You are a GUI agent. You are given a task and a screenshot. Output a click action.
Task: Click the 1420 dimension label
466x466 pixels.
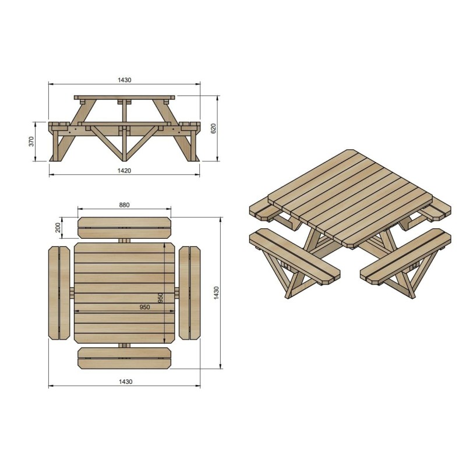tap(124, 170)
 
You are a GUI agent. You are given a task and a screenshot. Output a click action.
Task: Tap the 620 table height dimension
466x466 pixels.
tap(213, 128)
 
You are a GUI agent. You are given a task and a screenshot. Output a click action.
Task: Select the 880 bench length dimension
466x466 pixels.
tap(124, 204)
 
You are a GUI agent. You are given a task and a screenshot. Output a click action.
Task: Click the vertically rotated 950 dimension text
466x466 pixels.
tap(160, 298)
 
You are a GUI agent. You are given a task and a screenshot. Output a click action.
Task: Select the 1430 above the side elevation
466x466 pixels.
tap(124, 80)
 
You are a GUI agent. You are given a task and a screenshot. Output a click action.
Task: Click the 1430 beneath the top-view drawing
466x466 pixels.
tap(124, 382)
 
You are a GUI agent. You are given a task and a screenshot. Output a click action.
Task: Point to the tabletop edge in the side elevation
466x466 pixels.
tap(124, 97)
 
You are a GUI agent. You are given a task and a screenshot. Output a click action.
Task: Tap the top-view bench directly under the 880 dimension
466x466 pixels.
tap(124, 228)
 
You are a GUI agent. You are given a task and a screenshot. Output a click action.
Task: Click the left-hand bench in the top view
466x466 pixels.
tap(59, 294)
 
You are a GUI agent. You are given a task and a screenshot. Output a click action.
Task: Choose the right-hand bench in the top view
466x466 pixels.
tap(189, 294)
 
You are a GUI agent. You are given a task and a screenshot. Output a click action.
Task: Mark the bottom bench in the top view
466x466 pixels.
tap(124, 357)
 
